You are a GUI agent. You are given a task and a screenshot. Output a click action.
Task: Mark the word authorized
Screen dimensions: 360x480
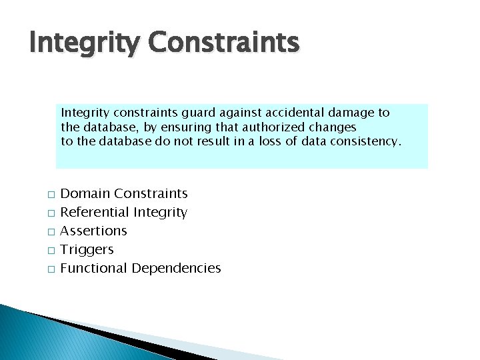pyautogui.click(x=279, y=127)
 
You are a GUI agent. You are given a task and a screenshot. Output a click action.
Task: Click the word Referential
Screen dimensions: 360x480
pyautogui.click(x=95, y=213)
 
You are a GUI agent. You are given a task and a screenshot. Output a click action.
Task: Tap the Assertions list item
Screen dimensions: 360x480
pyautogui.click(x=93, y=231)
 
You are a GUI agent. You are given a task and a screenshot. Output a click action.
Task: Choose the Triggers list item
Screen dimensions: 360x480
pyautogui.click(x=87, y=250)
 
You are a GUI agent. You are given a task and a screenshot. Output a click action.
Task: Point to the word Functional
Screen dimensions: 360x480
pyautogui.click(x=93, y=268)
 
